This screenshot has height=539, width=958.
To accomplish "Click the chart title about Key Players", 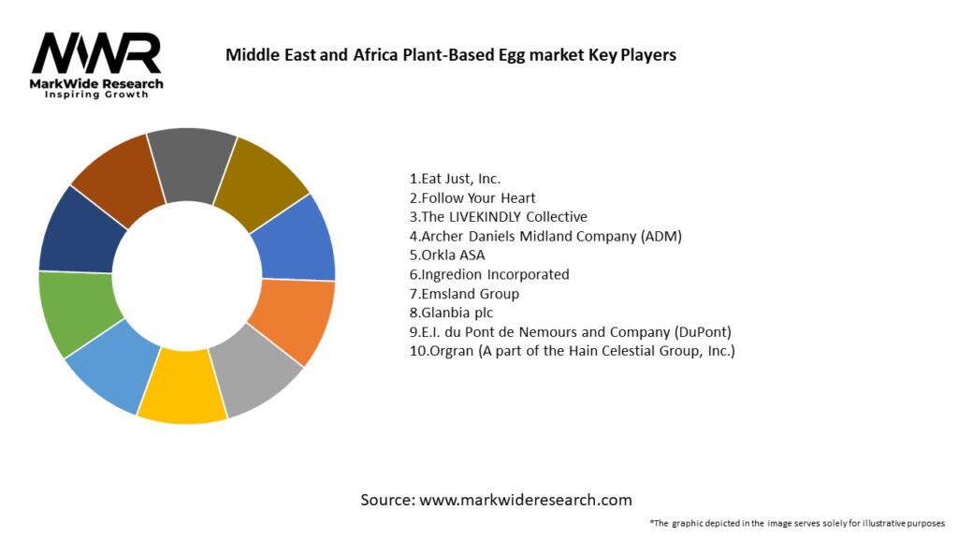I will tap(450, 54).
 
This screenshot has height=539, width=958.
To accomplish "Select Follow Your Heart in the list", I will tap(472, 197).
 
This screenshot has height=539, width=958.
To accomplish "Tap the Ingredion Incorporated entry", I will tap(489, 274).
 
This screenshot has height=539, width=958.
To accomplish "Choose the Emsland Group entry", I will tap(464, 294).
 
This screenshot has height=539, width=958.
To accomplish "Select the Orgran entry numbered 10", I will tap(572, 351).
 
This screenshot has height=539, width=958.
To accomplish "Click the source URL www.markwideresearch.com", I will tap(525, 500).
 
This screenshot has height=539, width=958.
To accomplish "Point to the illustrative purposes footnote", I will tap(798, 522).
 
